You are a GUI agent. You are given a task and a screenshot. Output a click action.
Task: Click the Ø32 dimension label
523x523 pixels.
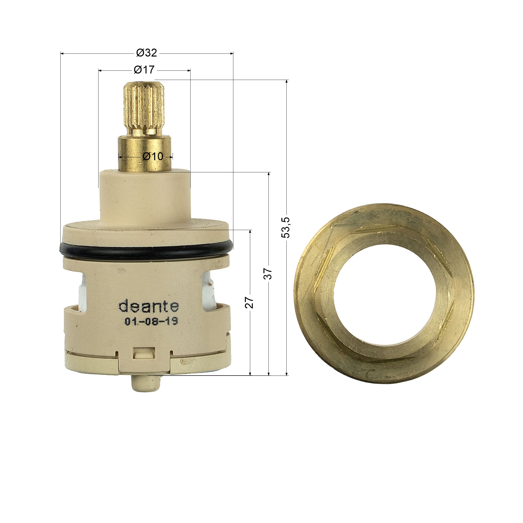click(146, 53)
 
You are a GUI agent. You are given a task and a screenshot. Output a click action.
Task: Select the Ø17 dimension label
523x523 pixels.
click(144, 70)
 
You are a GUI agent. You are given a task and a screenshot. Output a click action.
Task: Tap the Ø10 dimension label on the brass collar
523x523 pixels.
click(153, 156)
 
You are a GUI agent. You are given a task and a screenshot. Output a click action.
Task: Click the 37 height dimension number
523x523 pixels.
click(268, 274)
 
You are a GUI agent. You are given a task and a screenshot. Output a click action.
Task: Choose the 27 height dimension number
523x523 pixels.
click(249, 302)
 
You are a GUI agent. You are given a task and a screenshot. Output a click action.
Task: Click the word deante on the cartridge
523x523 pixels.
click(149, 306)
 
